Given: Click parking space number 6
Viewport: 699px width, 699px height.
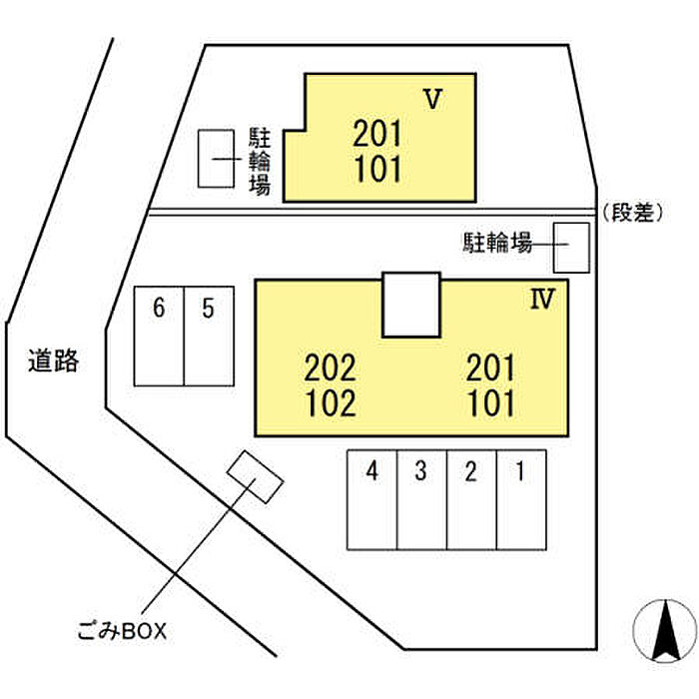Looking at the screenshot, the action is pyautogui.click(x=159, y=336).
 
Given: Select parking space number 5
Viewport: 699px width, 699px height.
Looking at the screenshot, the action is pyautogui.click(x=209, y=336).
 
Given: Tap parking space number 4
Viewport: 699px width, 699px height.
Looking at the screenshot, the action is pyautogui.click(x=372, y=499).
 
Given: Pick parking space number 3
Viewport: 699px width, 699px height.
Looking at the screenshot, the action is pyautogui.click(x=421, y=499).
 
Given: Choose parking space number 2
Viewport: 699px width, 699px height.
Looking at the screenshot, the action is pyautogui.click(x=471, y=499).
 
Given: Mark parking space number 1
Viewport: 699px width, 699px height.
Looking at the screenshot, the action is pyautogui.click(x=521, y=499).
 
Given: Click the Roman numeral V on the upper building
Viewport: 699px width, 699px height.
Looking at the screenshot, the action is pyautogui.click(x=432, y=99).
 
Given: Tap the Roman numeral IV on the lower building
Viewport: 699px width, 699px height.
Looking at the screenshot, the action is pyautogui.click(x=542, y=299).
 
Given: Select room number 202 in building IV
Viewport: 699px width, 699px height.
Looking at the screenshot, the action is pyautogui.click(x=330, y=367).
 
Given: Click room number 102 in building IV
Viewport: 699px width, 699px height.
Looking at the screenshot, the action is pyautogui.click(x=331, y=403).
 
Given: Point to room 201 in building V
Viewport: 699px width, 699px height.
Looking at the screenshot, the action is pyautogui.click(x=377, y=134).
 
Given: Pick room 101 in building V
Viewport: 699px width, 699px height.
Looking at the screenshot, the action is pyautogui.click(x=378, y=169).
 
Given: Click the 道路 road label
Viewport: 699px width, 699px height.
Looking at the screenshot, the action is pyautogui.click(x=54, y=360).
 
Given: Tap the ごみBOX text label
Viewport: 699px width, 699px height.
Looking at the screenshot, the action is pyautogui.click(x=122, y=631).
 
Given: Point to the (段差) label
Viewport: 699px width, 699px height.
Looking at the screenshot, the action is pyautogui.click(x=632, y=213).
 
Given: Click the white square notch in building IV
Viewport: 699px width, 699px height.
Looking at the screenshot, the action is pyautogui.click(x=411, y=305).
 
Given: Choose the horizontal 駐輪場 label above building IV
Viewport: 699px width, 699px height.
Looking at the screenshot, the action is pyautogui.click(x=497, y=243).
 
